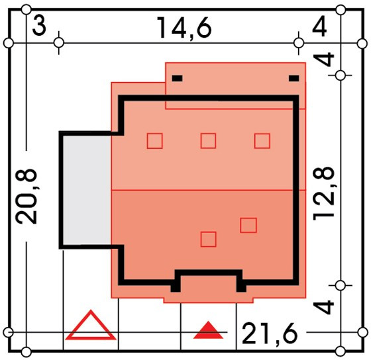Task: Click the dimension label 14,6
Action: (x=184, y=28)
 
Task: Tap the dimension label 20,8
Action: (x=26, y=196)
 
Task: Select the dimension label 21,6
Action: (x=270, y=334)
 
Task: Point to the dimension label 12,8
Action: (x=324, y=194)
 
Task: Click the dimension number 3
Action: (x=39, y=26)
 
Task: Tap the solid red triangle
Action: (x=208, y=331)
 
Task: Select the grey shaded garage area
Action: (x=87, y=190)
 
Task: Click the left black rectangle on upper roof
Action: (x=178, y=78)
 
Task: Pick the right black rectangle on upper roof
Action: (x=294, y=78)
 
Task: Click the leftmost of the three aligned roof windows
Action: (x=155, y=141)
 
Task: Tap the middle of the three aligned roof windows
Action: (x=208, y=141)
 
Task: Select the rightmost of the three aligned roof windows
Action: (x=262, y=141)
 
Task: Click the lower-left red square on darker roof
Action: (x=208, y=239)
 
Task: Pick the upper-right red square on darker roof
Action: (x=248, y=225)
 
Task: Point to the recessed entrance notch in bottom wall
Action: (x=209, y=273)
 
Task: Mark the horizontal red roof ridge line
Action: (x=209, y=190)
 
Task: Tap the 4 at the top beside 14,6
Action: (x=319, y=26)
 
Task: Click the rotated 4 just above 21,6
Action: (x=324, y=307)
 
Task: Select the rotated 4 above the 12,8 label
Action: (x=324, y=59)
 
